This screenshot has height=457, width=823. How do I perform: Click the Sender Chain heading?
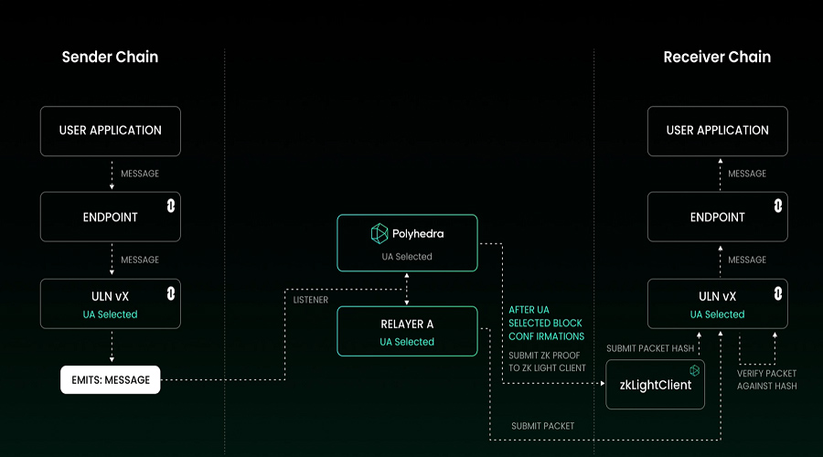(111, 57)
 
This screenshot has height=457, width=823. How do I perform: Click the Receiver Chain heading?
(717, 57)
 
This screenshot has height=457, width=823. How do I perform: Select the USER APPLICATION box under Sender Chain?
(111, 132)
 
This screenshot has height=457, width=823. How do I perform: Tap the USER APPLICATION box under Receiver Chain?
(718, 132)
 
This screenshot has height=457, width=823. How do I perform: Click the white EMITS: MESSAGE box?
(111, 379)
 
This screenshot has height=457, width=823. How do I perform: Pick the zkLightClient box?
(655, 385)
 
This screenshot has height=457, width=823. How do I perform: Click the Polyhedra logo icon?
(379, 233)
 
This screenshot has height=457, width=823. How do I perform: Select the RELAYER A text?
(407, 324)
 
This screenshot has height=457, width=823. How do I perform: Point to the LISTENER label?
(311, 300)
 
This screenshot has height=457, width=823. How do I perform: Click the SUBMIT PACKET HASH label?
(650, 348)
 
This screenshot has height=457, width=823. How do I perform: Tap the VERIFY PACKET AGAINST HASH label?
(767, 379)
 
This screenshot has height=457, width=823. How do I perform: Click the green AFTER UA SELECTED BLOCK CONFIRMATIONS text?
(547, 324)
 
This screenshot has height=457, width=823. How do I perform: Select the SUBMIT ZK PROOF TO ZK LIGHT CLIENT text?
(547, 362)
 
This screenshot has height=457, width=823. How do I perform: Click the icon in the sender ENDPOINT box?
(171, 206)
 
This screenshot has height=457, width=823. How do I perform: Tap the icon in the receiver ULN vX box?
(778, 293)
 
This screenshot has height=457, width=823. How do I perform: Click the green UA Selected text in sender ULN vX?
(111, 314)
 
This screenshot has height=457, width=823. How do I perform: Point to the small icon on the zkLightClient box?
(694, 370)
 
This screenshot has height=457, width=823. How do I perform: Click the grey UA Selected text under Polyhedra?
(407, 257)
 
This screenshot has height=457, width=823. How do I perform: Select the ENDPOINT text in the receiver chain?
(718, 218)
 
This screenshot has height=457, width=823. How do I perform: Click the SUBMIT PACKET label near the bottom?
(542, 426)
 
